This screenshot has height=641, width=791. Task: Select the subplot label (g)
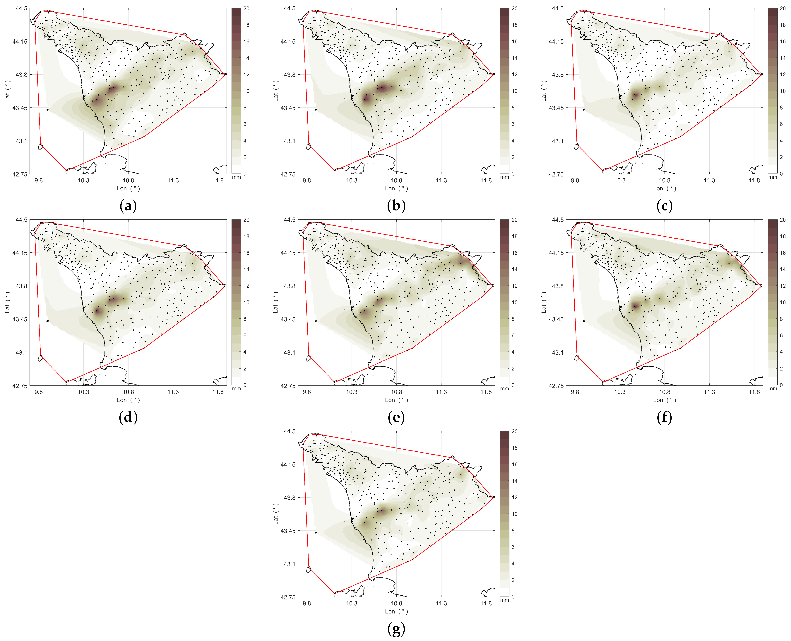[x=396, y=628]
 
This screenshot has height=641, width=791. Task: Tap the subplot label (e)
[x=396, y=417]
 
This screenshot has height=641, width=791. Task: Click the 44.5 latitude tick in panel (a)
[x=21, y=8]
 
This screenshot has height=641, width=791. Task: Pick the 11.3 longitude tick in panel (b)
[x=441, y=181]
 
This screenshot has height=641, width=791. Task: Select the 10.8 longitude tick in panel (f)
[x=665, y=392]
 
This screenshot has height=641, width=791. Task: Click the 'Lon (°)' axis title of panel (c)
[x=665, y=188]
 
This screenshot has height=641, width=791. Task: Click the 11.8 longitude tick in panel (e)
[x=486, y=392]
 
